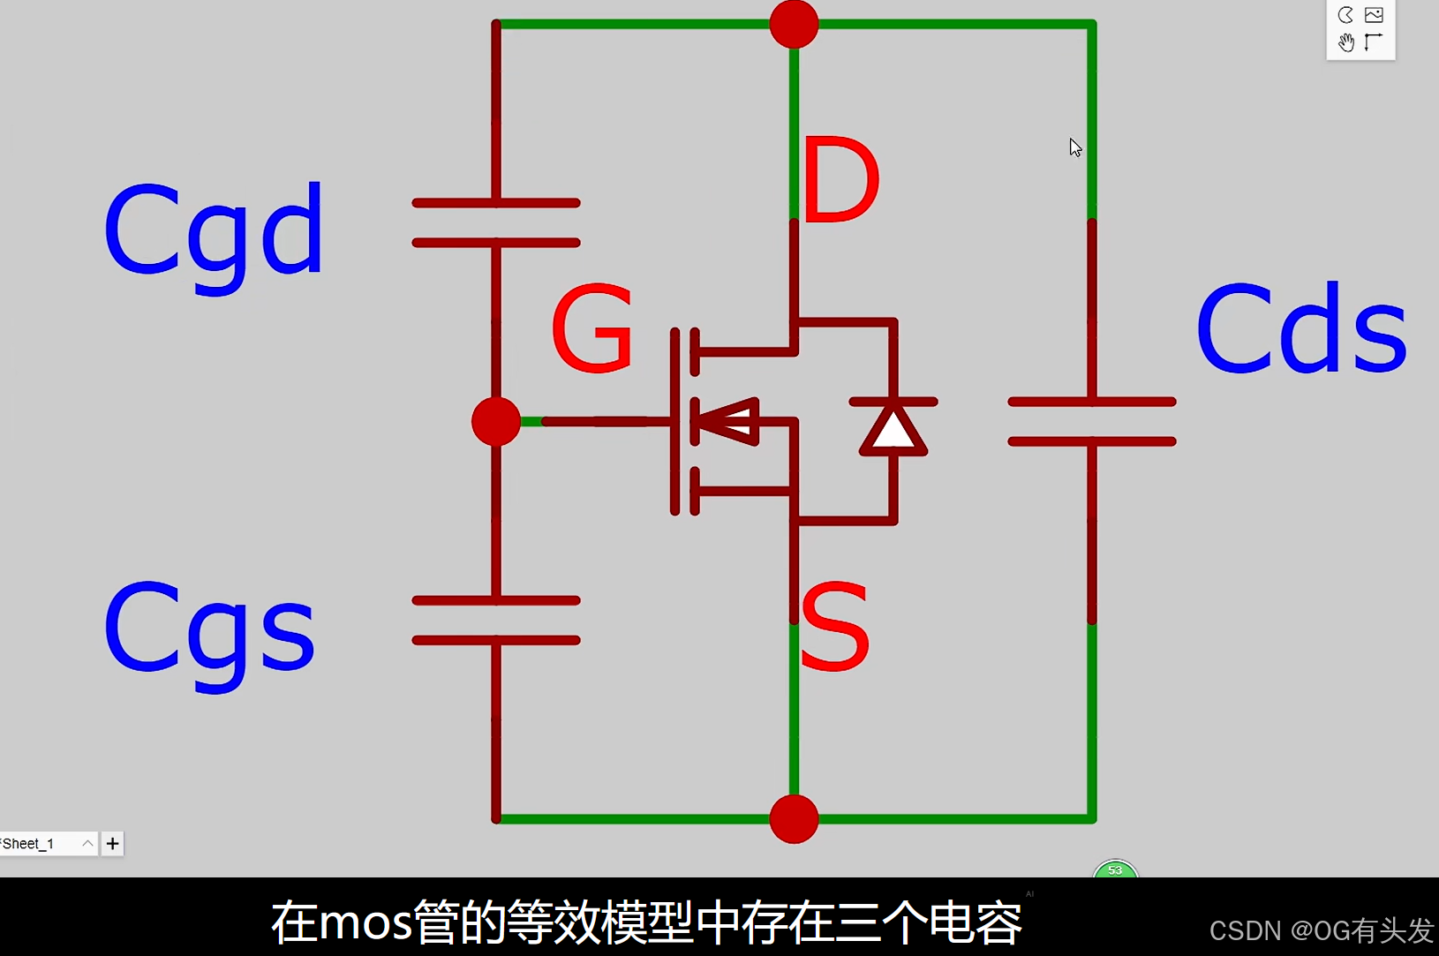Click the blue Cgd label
click(214, 231)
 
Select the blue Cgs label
click(209, 629)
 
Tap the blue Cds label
click(1301, 328)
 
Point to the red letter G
click(592, 328)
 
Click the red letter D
click(840, 180)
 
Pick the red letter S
click(834, 627)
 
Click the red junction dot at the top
click(794, 24)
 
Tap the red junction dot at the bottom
click(794, 819)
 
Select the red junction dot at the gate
click(496, 421)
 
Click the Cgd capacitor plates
click(496, 222)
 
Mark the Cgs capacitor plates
click(496, 620)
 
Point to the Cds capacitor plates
click(1092, 421)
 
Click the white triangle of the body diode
click(893, 431)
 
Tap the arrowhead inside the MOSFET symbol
click(727, 421)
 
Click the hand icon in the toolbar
click(1345, 42)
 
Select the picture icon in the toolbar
click(1374, 15)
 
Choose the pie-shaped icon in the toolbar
click(1345, 15)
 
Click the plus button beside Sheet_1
click(112, 844)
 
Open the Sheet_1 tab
click(35, 844)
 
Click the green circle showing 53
click(1115, 870)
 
